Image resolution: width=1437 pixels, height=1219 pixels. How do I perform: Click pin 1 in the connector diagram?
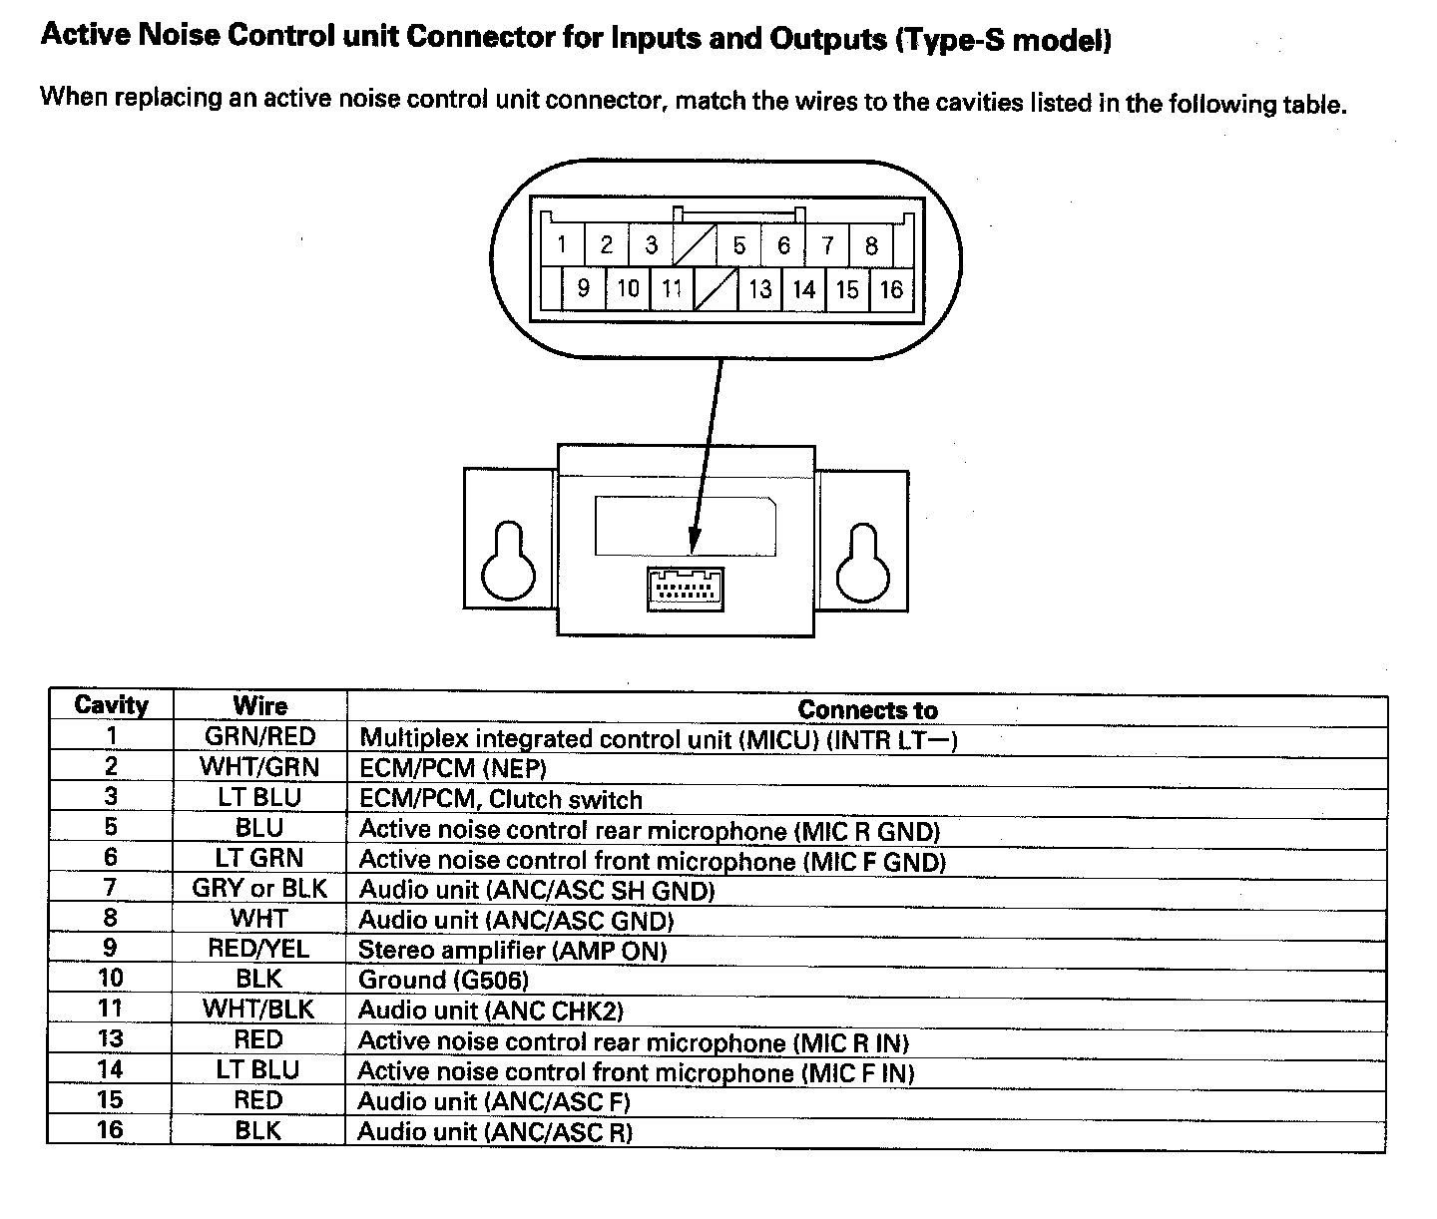coord(562,244)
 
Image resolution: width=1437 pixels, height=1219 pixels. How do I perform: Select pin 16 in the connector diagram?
coord(891,290)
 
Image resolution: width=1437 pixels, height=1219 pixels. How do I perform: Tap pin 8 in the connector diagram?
coord(871,244)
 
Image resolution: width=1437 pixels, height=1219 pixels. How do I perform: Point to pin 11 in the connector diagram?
coord(672,290)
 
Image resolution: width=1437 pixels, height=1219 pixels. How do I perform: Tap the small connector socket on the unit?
coord(686,589)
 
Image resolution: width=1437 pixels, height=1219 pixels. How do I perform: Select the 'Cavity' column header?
coord(111,705)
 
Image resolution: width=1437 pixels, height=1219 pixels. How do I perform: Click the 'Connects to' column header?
coord(866,709)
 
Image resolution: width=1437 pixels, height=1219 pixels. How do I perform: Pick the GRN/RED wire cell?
coord(259,737)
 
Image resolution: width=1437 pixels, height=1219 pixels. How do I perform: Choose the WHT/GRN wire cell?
coord(259,767)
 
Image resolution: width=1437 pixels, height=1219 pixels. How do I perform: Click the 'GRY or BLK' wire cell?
coord(259,888)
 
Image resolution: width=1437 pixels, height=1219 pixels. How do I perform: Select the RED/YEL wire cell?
coord(259,949)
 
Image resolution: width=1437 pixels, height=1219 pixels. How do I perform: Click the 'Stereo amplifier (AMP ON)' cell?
coord(512,950)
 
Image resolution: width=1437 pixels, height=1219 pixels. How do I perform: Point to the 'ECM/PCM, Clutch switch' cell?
coord(500,799)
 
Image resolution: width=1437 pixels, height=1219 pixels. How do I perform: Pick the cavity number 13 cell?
coord(111,1039)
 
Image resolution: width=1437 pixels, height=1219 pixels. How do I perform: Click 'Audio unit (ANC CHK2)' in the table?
coord(490,1011)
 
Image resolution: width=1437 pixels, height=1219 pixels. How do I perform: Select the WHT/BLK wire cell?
coord(259,1010)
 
